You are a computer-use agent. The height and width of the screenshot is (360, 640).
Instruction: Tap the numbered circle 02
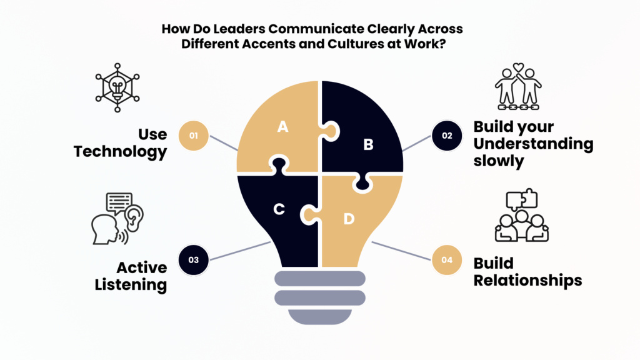click(x=447, y=136)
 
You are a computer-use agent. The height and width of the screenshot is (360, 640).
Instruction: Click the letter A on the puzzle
click(x=282, y=127)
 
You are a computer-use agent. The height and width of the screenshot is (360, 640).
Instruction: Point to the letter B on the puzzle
click(x=368, y=144)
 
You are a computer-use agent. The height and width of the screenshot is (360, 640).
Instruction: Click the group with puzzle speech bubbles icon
click(x=521, y=216)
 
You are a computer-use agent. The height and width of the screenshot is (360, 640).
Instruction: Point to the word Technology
click(x=121, y=151)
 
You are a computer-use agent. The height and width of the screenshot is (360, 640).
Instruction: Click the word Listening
click(x=131, y=285)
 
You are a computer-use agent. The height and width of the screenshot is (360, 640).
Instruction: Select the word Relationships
click(x=527, y=280)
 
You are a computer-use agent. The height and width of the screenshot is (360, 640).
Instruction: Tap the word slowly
click(x=498, y=161)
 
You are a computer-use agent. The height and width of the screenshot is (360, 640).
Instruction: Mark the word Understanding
click(x=533, y=144)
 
